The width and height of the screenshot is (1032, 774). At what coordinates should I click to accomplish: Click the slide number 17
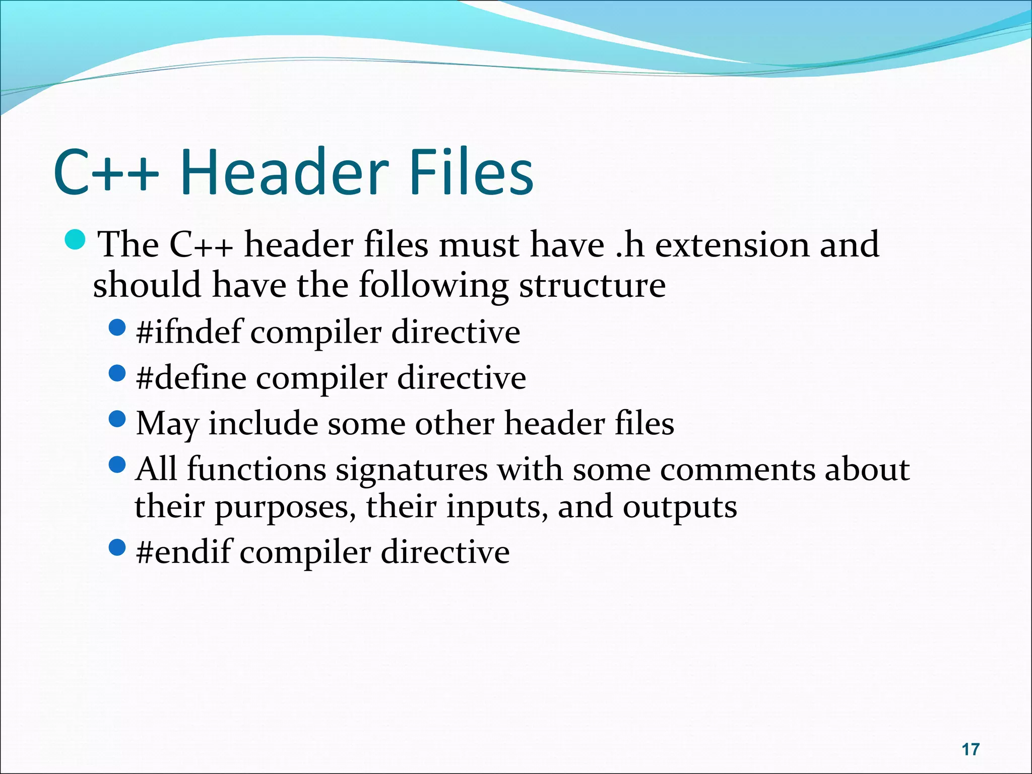coord(970,749)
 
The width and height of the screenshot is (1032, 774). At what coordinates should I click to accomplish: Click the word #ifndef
coord(189,332)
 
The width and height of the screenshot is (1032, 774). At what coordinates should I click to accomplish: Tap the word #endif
coord(184,552)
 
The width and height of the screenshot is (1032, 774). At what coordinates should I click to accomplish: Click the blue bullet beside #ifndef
coord(117,328)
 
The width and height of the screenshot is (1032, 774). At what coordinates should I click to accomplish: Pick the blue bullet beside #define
coord(117,373)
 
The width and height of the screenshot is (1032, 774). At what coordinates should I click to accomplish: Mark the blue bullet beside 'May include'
coord(117,419)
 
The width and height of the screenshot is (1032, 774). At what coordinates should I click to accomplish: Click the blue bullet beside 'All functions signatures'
coord(117,465)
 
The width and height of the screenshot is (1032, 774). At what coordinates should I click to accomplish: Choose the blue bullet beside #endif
coord(117,547)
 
